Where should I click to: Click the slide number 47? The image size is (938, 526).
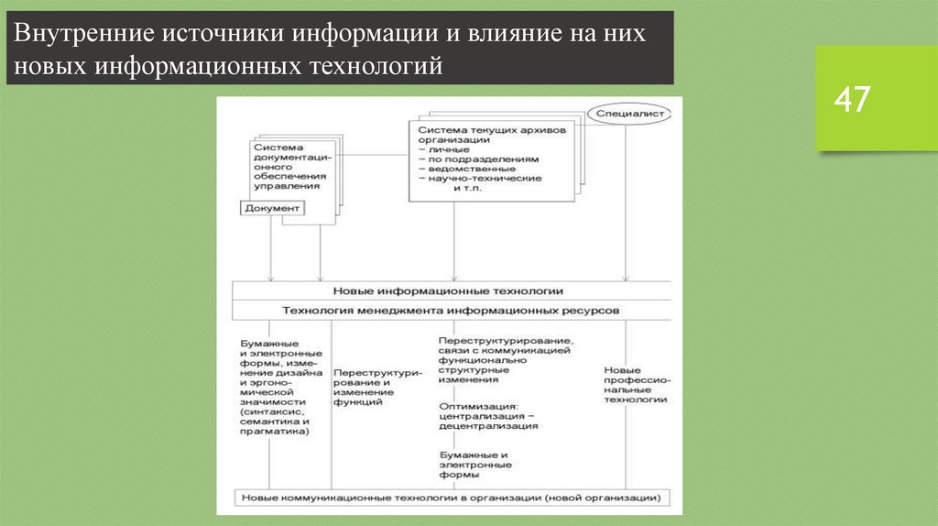click(x=851, y=100)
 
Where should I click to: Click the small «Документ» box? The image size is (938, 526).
click(x=272, y=209)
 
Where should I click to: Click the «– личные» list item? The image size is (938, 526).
click(x=445, y=148)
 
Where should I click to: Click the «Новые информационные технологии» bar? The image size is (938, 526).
click(x=448, y=290)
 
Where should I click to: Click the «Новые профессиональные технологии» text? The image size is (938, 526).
click(x=635, y=385)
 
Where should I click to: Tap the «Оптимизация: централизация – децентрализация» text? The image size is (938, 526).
click(x=488, y=415)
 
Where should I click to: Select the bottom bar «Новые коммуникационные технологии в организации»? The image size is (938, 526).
click(x=450, y=498)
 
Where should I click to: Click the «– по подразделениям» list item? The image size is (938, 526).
click(x=471, y=159)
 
